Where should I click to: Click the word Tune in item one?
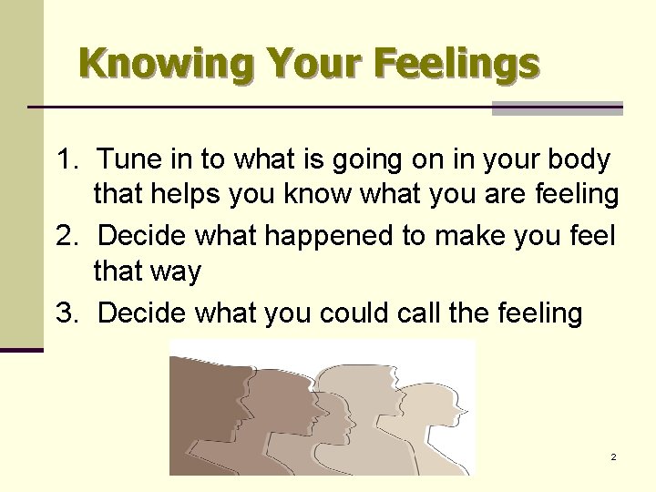point(128,159)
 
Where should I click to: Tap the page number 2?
point(614,456)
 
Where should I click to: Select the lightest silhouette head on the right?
point(428,410)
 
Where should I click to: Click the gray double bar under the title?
point(557,108)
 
